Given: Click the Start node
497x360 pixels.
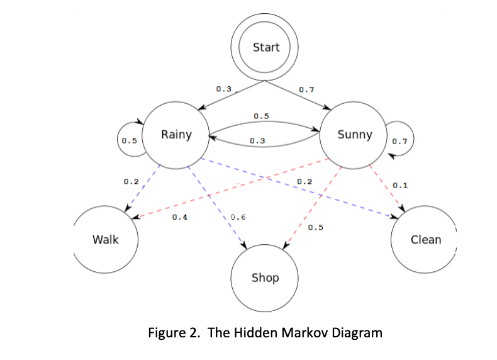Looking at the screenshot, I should click(265, 47).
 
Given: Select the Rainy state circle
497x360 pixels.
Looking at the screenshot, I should click(176, 135).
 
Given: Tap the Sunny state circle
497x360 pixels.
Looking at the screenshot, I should click(354, 135).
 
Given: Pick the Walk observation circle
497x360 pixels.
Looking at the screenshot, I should click(105, 239).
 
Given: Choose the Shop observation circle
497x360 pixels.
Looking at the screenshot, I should click(265, 278).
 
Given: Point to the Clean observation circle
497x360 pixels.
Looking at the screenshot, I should click(425, 239).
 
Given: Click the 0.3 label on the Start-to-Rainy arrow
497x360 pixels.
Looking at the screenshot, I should click(223, 89).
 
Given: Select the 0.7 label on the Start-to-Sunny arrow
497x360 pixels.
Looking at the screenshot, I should click(306, 89).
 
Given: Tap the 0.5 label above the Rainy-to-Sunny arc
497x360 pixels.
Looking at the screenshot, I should click(261, 116).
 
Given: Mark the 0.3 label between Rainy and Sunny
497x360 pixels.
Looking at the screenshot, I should click(257, 140).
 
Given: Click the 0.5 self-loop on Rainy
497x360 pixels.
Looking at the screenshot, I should click(129, 140).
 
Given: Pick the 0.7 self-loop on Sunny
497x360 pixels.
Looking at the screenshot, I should click(399, 140).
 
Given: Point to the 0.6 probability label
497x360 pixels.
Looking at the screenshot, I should click(238, 217).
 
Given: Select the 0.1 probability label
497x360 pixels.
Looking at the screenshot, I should click(400, 186).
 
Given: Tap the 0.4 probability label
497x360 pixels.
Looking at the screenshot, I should click(179, 217).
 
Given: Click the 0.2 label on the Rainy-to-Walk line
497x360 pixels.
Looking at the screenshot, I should click(131, 181).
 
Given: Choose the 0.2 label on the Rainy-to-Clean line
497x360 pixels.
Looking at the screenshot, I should click(304, 181).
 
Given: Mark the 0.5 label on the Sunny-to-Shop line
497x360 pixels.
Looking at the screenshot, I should click(316, 227).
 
